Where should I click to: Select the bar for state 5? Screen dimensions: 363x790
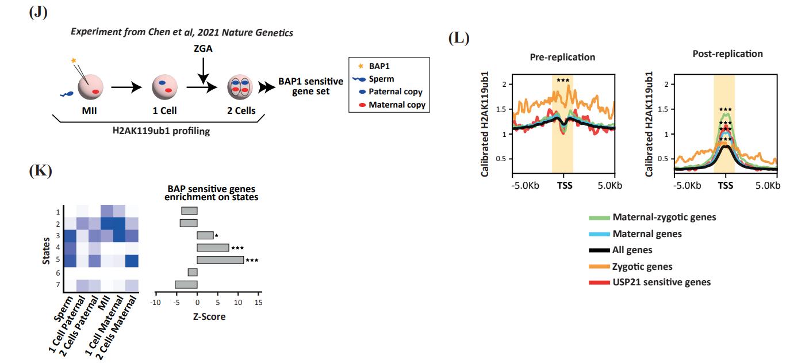click(220, 260)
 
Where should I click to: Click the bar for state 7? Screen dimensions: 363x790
click(186, 284)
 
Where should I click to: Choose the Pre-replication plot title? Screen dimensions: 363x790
click(562, 58)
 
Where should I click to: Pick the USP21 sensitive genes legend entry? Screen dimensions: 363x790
click(661, 282)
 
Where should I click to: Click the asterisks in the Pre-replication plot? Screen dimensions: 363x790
click(562, 80)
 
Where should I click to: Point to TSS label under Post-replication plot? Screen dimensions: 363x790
click(726, 186)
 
